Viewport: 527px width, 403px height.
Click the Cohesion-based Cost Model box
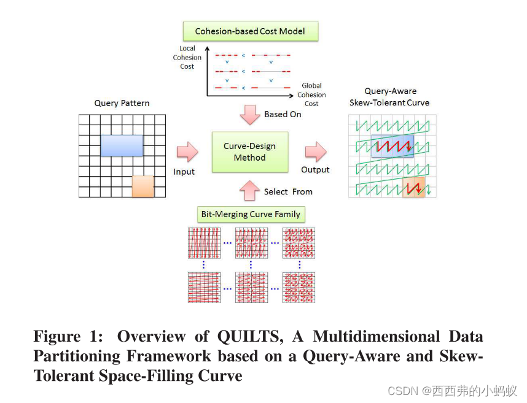click(250, 31)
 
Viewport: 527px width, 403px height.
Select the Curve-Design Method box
click(250, 152)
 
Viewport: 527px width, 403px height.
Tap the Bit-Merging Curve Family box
click(251, 214)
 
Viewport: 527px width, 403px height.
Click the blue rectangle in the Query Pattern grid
click(122, 145)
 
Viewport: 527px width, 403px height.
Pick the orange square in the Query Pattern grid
click(142, 186)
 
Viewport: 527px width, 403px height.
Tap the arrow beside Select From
click(250, 191)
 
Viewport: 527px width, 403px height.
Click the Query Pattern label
click(122, 103)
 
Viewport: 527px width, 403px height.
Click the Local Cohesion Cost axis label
click(187, 57)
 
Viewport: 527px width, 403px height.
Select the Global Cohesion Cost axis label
click(311, 94)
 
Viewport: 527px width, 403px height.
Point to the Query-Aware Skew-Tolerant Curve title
click(389, 97)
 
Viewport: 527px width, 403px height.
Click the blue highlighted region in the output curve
click(392, 147)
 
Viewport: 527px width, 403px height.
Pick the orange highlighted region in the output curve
click(413, 186)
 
